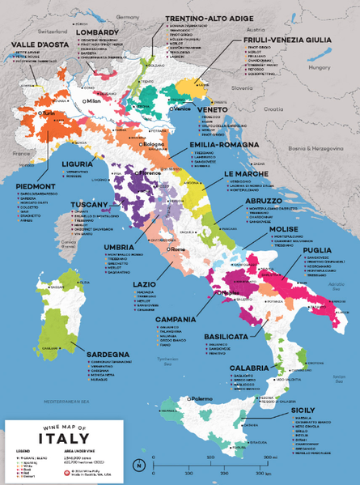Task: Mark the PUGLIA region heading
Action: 317,250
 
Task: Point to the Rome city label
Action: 177,249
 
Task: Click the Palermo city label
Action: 202,399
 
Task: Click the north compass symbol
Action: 140,465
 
